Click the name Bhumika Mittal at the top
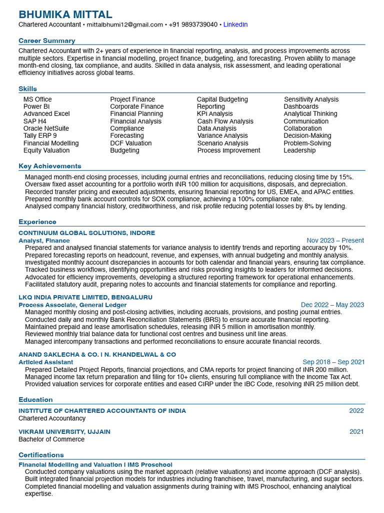tap(65, 15)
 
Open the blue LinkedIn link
tap(235, 25)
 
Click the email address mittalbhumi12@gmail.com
tap(124, 25)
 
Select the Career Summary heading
tap(47, 41)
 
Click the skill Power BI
tap(36, 107)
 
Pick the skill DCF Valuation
tap(131, 143)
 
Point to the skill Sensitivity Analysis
tap(311, 99)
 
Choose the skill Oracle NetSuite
tap(46, 129)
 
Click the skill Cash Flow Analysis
tap(225, 121)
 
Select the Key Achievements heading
tap(50, 166)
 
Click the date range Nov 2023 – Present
tap(335, 240)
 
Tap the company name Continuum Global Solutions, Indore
tap(87, 233)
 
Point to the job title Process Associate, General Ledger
tap(72, 305)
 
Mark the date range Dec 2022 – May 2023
tap(332, 305)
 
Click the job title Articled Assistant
tap(45, 362)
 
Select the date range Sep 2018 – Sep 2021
tap(333, 362)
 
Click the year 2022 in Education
tap(356, 411)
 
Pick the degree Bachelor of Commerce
tap(51, 439)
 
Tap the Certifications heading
tap(41, 455)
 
